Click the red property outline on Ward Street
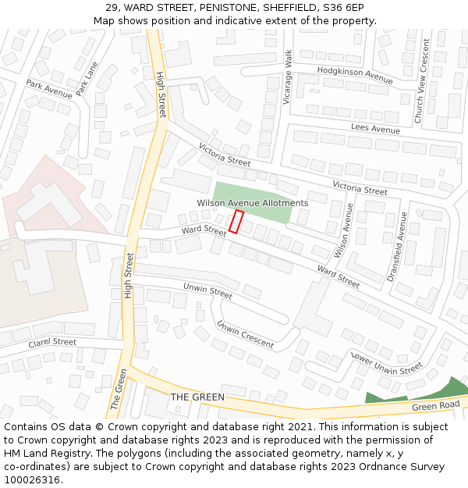tap(236, 222)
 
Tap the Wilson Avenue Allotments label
tap(252, 203)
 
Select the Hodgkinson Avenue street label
tap(355, 75)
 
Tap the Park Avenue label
tap(48, 89)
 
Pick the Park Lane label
tap(87, 79)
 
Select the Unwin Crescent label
tap(245, 334)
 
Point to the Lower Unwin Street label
tap(386, 362)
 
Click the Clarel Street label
tap(52, 343)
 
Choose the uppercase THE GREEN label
tap(197, 397)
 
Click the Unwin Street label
tap(207, 292)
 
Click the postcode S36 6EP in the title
tap(343, 8)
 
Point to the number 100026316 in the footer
tap(31, 480)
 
